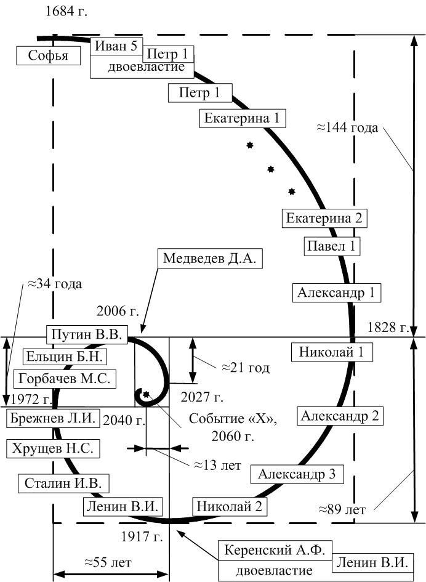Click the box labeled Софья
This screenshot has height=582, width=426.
pos(48,55)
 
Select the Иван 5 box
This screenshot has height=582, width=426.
pos(116,46)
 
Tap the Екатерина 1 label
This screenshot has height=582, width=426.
pos(243,118)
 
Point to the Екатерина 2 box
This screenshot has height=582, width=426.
pos(324,218)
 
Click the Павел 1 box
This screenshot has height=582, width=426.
pos(332,246)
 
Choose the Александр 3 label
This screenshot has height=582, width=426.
pos(297,474)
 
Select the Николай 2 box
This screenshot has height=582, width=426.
pos(230,506)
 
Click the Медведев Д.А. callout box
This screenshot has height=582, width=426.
pos(210,258)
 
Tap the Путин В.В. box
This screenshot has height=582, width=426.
pos(87,334)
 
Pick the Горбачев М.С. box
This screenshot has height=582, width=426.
pos(65,379)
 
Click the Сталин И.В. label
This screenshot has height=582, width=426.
pos(63,483)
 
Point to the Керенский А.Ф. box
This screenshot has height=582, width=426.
pos(275,551)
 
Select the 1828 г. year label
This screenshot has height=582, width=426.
pos(388,327)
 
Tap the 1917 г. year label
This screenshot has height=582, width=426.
pos(142,536)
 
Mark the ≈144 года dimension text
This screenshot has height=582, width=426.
pos(347,127)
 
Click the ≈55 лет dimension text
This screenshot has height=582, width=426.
pos(108,562)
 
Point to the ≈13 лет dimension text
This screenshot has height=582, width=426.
pos(218,465)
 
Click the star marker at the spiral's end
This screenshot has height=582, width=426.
pos(146,394)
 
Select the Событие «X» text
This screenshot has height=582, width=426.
pos(233,419)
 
